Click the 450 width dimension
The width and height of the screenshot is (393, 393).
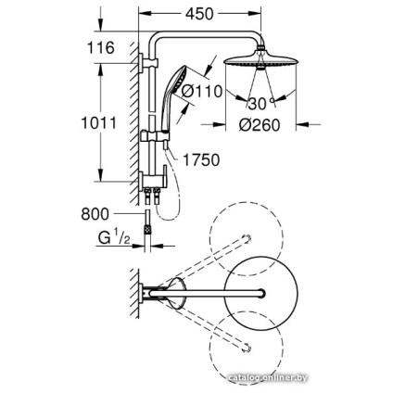tap(198, 13)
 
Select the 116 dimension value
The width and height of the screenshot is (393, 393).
tap(99, 47)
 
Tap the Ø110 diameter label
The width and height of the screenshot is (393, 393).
tap(202, 91)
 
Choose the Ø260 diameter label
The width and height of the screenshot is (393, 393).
tap(260, 126)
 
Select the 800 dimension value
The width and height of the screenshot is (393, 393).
tap(95, 214)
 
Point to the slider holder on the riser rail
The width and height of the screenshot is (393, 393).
tap(156, 138)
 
